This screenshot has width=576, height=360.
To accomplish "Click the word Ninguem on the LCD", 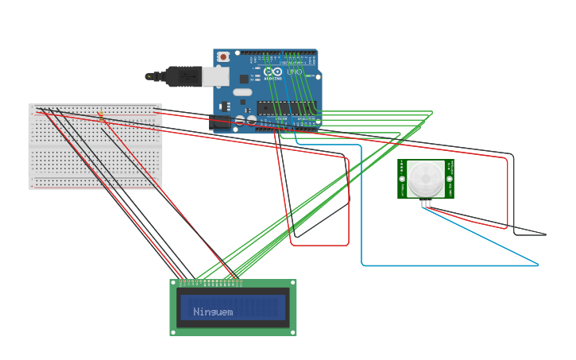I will click(213, 312).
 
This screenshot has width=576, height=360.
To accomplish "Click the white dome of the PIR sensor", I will click(425, 179).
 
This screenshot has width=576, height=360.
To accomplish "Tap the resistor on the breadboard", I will click(101, 116).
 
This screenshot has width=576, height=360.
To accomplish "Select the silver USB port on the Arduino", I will click(215, 76).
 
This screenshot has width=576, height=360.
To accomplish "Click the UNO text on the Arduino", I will click(294, 72).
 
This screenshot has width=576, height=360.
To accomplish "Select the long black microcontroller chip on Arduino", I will click(285, 108).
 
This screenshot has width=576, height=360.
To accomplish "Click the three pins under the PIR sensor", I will click(427, 203).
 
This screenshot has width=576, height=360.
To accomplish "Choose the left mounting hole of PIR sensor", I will click(402, 179).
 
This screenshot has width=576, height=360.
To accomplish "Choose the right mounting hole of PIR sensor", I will click(449, 179).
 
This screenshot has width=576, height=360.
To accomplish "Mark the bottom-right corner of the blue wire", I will click(538, 265).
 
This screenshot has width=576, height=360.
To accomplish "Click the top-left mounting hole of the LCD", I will click(174, 284).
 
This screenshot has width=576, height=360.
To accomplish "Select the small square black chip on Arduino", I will click(244, 79).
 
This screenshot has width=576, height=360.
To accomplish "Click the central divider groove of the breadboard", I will click(95, 147).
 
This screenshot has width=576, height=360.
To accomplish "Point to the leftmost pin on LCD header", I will click(181, 281).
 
